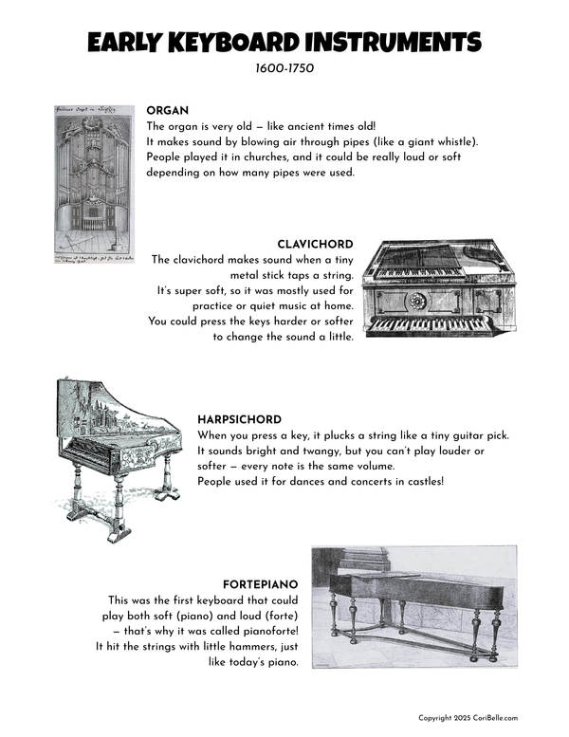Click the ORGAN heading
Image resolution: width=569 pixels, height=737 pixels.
click(x=168, y=110)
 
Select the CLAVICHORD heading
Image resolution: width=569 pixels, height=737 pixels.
click(x=315, y=245)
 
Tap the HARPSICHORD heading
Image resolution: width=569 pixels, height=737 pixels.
click(x=239, y=419)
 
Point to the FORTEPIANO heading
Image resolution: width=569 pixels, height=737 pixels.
click(x=261, y=584)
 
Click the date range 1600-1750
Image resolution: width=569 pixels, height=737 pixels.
click(x=284, y=69)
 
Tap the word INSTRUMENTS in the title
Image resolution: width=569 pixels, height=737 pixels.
click(x=392, y=43)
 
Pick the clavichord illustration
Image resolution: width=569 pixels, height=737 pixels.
click(x=439, y=288)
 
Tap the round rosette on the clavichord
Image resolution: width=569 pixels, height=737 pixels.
click(x=416, y=302)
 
